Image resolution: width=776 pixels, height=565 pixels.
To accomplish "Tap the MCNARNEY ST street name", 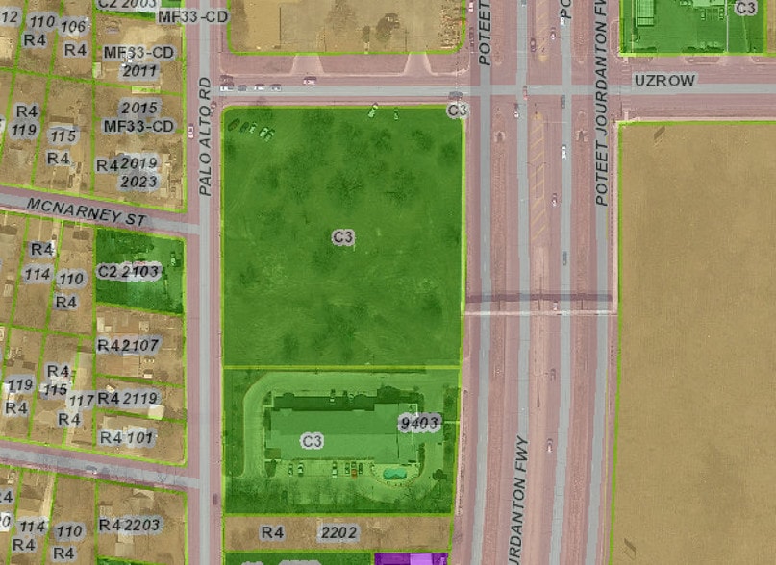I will click(86, 211).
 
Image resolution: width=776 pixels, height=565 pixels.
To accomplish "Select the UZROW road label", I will click(664, 82).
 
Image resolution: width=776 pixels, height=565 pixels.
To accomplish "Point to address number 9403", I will click(419, 423).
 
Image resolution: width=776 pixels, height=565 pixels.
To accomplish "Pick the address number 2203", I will click(142, 525).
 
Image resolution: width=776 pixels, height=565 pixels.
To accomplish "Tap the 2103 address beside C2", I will click(141, 272).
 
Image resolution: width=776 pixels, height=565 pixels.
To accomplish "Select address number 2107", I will click(141, 345).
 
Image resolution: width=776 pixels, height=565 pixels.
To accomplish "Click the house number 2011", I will click(140, 70).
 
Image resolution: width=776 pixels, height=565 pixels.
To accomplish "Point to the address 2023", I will click(140, 181).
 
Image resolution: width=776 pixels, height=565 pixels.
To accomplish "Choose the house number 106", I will click(73, 25).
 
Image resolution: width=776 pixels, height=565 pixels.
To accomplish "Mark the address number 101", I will click(140, 438).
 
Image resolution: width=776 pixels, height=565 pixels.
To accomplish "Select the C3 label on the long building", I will click(312, 441).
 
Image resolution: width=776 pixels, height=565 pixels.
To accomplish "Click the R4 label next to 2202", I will click(273, 532).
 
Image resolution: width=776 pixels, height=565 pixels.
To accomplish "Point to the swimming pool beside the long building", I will click(392, 473).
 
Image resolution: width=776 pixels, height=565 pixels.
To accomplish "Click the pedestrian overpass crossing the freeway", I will click(538, 304).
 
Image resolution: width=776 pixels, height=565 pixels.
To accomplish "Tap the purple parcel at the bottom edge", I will click(411, 558).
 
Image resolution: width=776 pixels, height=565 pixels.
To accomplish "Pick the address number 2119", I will click(140, 398).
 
